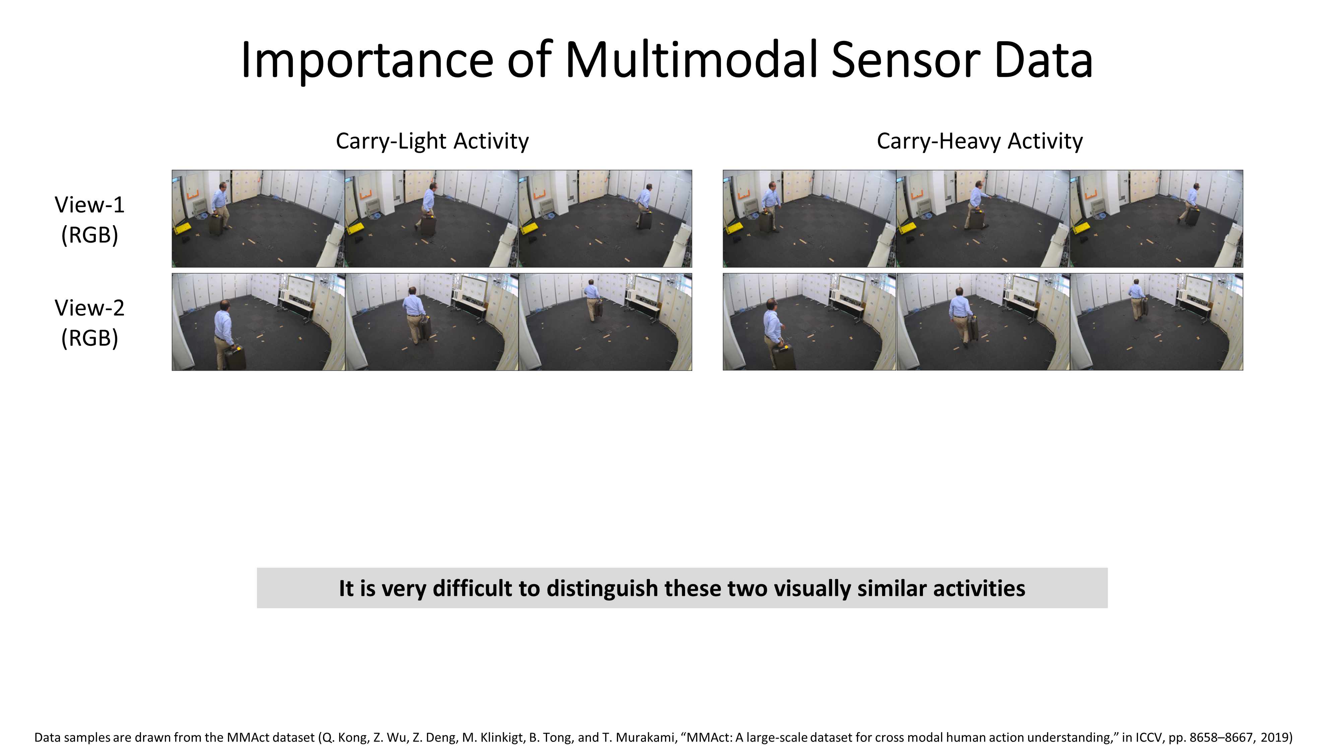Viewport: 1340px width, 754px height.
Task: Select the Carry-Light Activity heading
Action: [432, 141]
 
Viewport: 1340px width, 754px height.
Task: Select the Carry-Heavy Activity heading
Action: [980, 141]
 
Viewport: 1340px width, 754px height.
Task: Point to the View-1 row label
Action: [89, 219]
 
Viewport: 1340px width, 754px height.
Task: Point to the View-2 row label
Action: [89, 323]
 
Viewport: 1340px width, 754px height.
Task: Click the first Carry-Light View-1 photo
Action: [259, 218]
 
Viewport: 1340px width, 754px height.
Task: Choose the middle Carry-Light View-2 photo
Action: [432, 322]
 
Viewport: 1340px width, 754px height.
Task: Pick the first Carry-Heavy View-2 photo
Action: [809, 322]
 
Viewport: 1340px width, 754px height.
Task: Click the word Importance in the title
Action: [367, 61]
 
